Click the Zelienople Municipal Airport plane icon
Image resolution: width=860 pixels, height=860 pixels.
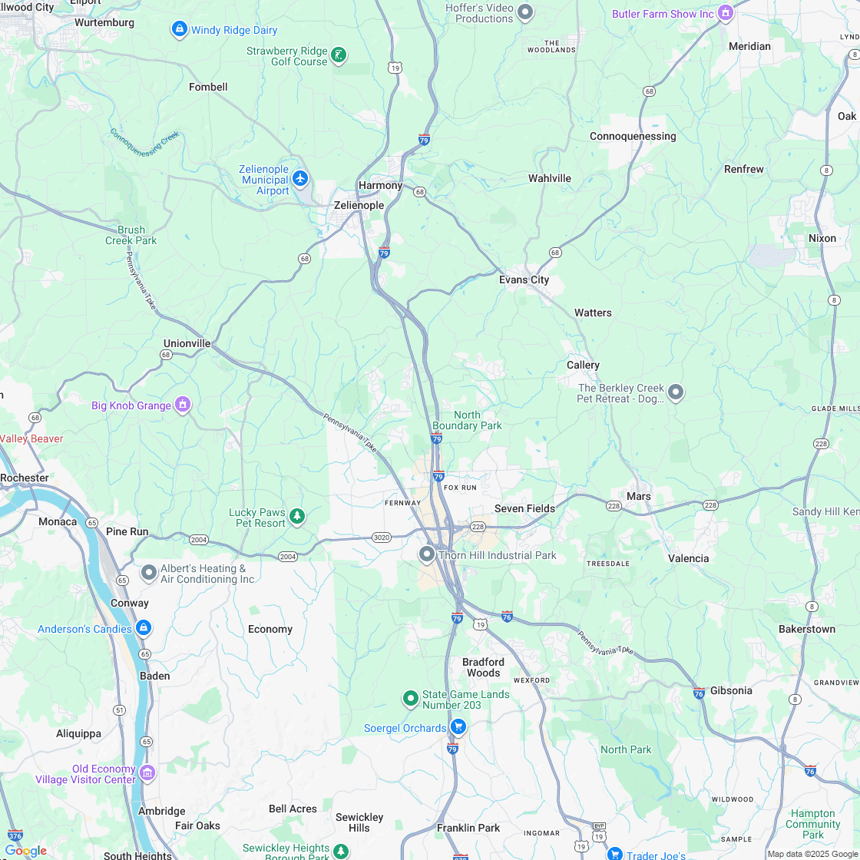299,179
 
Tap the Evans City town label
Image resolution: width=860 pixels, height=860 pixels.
524,280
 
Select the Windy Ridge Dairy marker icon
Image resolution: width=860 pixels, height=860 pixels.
179,29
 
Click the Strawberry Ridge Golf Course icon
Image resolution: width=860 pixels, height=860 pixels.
338,55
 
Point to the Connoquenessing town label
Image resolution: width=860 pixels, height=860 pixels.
633,137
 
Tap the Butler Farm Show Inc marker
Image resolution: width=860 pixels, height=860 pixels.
726,13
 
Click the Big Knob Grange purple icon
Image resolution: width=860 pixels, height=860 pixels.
182,404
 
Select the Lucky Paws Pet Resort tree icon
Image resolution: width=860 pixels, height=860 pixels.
297,517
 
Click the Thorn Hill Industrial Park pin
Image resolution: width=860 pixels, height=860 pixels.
427,554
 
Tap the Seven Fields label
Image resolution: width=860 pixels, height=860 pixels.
524,508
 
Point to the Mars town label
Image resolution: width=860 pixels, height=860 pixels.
638,496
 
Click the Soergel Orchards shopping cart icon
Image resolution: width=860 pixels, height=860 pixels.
458,726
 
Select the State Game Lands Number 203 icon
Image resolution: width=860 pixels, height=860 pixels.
411,699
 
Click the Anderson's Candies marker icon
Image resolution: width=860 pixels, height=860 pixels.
143,628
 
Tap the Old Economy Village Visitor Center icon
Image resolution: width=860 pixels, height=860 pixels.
147,772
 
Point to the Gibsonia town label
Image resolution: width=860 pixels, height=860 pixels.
731,690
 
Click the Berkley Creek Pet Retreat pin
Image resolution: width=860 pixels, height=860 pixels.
676,392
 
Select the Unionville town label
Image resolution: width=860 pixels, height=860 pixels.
187,343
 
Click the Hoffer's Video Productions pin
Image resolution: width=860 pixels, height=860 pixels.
525,12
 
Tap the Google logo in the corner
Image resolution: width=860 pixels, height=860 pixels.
25,851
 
